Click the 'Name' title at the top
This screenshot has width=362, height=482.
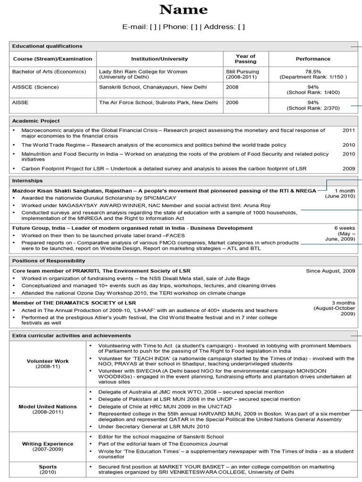[x=183, y=10]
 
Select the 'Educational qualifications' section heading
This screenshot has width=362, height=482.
[x=47, y=46]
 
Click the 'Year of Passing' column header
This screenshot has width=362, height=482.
[x=246, y=59]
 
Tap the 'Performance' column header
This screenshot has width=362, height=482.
[x=313, y=59]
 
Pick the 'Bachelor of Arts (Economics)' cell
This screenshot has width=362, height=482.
[x=49, y=72]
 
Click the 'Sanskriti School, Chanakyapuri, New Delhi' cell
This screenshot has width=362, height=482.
[x=153, y=87]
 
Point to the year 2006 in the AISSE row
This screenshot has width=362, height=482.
[x=232, y=102]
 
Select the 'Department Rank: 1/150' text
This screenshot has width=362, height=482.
[x=313, y=77]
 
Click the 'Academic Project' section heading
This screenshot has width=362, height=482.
[x=36, y=121]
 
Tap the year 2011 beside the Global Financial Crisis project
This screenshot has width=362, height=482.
[x=349, y=130]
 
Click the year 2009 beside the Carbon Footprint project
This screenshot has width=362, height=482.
[x=349, y=168]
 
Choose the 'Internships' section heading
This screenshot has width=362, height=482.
[x=27, y=181]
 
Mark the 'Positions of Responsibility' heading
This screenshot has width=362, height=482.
[x=49, y=261]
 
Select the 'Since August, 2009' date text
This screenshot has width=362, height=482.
[x=330, y=271]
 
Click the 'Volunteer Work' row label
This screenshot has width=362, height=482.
[x=48, y=361]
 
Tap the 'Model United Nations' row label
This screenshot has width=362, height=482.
[x=48, y=406]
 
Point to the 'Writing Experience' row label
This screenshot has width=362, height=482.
[x=48, y=444]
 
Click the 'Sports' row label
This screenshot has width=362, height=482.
[x=48, y=467]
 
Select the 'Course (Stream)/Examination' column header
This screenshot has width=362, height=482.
[x=53, y=59]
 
